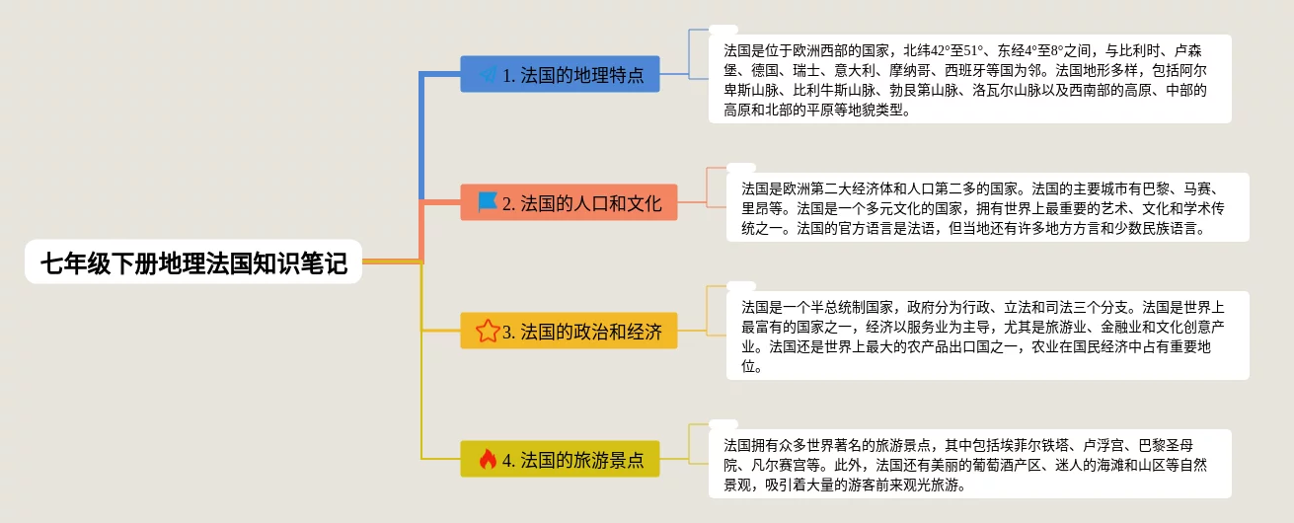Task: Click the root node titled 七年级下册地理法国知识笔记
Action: [193, 262]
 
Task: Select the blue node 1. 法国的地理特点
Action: [560, 74]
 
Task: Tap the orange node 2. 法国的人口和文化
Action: [569, 202]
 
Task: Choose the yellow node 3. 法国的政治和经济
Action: [569, 331]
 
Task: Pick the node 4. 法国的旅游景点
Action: [560, 459]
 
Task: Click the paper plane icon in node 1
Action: [489, 74]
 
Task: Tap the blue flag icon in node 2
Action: [488, 202]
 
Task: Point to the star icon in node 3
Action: [488, 331]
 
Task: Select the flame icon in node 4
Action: [489, 459]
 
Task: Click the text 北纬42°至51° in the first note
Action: [944, 50]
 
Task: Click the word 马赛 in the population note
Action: [1197, 188]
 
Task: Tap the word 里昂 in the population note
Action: [756, 208]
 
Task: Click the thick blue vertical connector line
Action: [421, 136]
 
